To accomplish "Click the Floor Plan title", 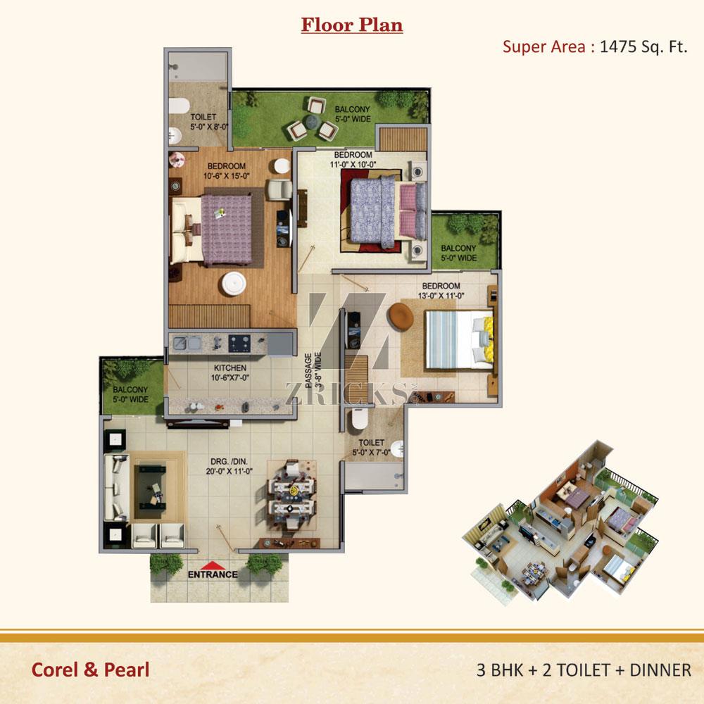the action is (351, 25).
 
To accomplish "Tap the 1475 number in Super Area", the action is (618, 46).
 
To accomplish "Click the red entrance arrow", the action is (213, 565).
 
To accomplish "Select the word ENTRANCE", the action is (213, 574).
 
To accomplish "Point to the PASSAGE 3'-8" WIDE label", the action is (313, 370).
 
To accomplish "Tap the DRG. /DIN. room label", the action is (229, 466).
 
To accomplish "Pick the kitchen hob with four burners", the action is (239, 344).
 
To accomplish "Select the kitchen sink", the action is (187, 344).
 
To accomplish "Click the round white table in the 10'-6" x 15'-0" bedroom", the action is (234, 284).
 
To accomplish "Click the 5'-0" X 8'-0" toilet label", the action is (209, 122).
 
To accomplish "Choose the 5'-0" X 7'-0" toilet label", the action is (371, 447).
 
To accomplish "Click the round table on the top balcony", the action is (311, 121).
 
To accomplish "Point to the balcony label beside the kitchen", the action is (130, 394).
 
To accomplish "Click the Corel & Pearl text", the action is (90, 670).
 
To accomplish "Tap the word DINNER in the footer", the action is (660, 670).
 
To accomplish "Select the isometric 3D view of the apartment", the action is (560, 522).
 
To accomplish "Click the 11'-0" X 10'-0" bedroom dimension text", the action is (353, 164).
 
